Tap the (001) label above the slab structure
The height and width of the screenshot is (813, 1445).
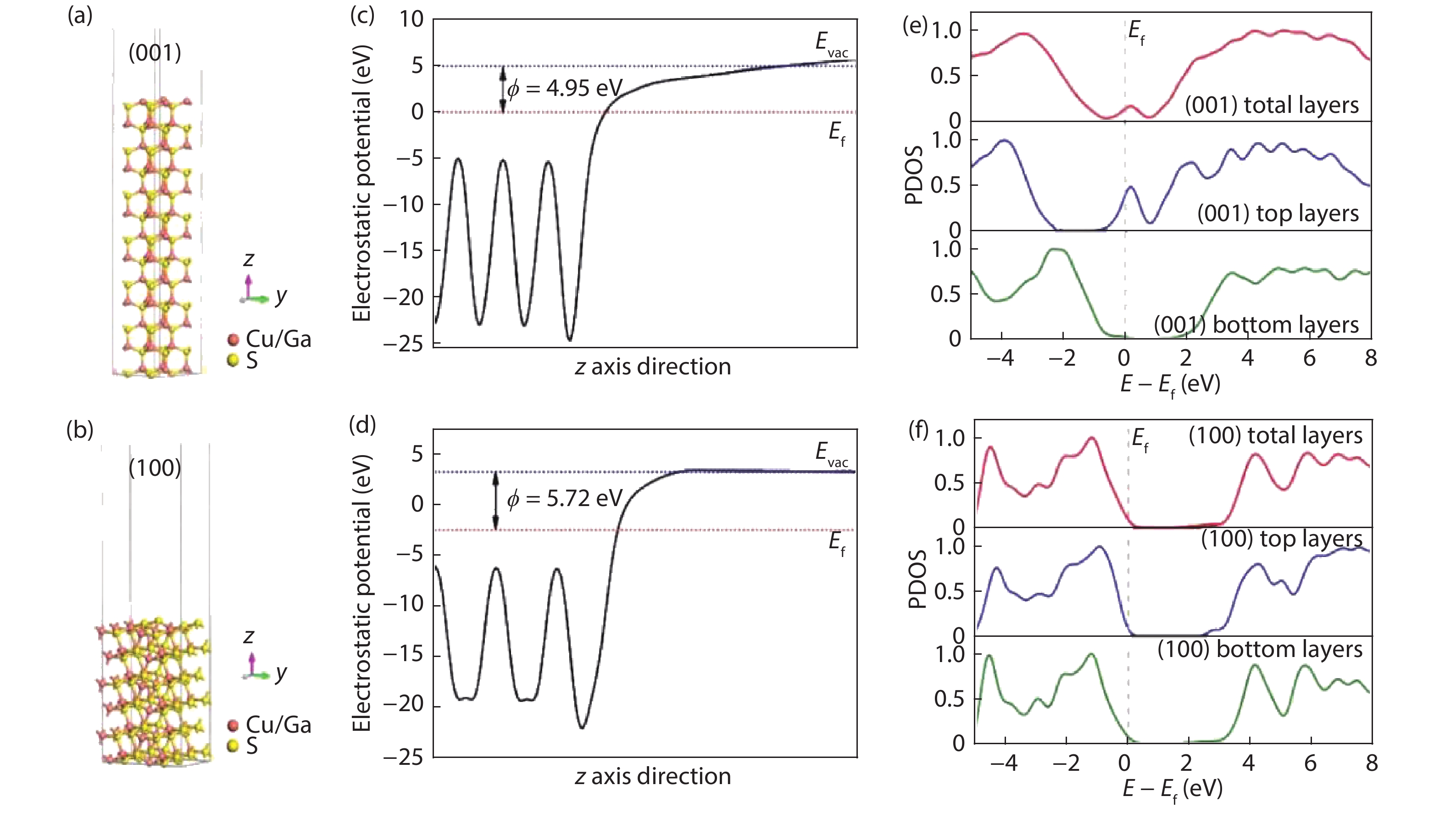155,53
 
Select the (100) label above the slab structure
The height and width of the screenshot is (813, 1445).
155,468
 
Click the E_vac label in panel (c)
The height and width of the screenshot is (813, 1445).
831,43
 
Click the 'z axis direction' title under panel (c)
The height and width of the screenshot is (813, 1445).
652,367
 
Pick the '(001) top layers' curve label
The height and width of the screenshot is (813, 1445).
1278,213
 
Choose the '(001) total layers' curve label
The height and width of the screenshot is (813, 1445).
1272,105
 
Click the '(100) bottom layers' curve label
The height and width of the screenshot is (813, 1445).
1260,649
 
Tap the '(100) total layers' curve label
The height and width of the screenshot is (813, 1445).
1275,435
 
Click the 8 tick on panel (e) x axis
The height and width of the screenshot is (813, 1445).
1370,358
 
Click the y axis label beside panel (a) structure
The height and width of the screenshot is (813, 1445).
280,295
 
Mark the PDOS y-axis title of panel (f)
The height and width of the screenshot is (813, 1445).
917,579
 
